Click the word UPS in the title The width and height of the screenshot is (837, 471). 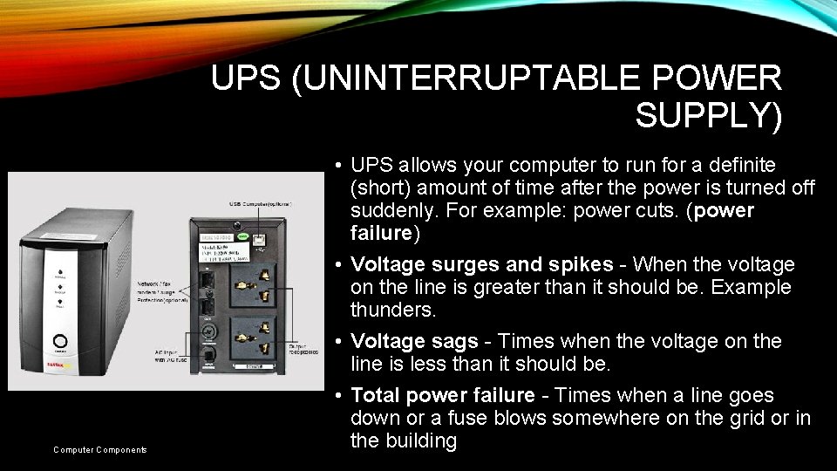(247, 78)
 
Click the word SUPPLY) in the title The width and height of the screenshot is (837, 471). (708, 115)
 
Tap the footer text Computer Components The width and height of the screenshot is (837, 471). (99, 450)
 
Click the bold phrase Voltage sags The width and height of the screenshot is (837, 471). (414, 342)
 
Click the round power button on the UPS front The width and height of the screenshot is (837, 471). (61, 343)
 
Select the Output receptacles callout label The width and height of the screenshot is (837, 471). (304, 351)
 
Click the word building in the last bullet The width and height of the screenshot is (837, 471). (404, 441)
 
